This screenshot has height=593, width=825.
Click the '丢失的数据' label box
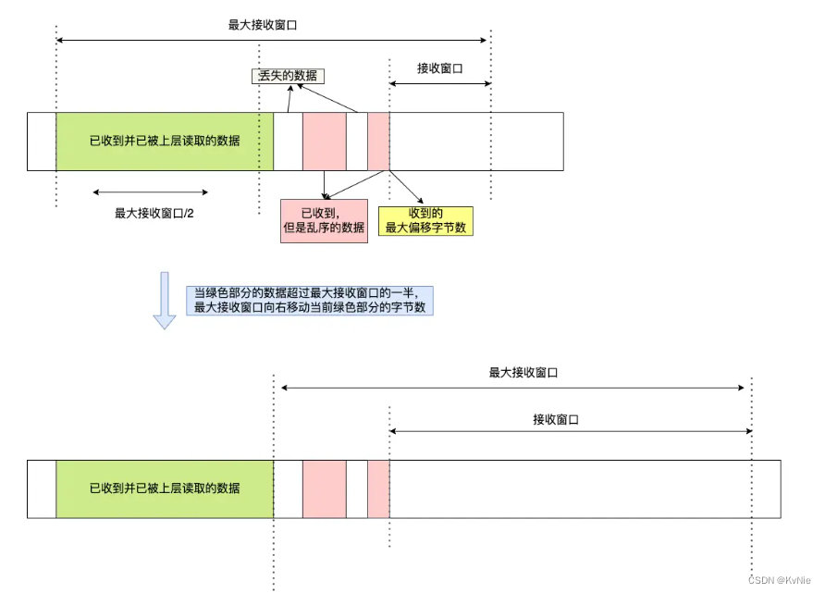coord(289,76)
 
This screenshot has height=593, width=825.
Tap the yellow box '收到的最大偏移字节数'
coord(425,222)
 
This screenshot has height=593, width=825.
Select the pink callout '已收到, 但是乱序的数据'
coord(323,220)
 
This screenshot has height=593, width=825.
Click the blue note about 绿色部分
coord(310,299)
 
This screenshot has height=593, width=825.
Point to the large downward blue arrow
coord(165,301)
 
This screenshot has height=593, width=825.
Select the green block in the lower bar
coord(165,488)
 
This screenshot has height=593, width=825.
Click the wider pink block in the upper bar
coord(324,142)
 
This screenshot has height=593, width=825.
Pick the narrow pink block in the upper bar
coord(378,142)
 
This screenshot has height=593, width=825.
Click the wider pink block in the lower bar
coord(324,488)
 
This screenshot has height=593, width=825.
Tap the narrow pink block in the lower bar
coord(378,488)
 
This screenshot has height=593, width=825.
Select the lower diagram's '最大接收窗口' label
coord(523,373)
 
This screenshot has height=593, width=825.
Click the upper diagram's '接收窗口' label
coord(439,68)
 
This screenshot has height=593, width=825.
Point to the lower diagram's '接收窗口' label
coord(555,419)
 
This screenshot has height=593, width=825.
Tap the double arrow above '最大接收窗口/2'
coord(151,192)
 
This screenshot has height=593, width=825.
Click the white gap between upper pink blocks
coord(357,142)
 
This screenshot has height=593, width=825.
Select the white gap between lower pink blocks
coord(357,488)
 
